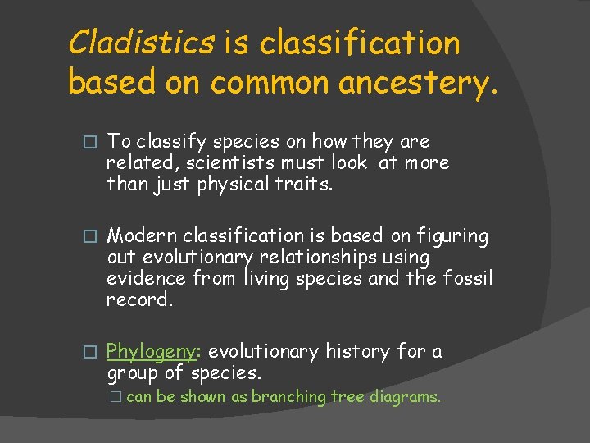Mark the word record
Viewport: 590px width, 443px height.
pos(139,300)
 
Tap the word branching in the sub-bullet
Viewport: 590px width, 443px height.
pos(288,397)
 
